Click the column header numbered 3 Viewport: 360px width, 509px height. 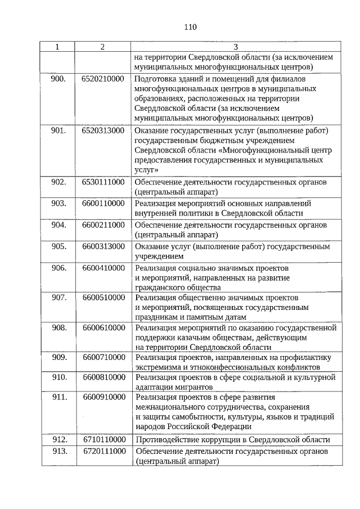(235, 47)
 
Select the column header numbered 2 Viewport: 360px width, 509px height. (102, 47)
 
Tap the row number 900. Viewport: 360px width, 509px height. (58, 79)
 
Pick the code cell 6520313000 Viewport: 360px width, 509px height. (102, 130)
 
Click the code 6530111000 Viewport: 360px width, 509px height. (102, 182)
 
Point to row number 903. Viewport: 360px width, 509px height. (58, 203)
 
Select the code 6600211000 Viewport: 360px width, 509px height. (102, 224)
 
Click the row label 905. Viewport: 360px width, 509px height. (58, 246)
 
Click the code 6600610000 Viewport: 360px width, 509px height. (102, 327)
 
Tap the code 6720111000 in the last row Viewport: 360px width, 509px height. (102, 451)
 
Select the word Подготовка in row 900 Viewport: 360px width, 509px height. (156, 79)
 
